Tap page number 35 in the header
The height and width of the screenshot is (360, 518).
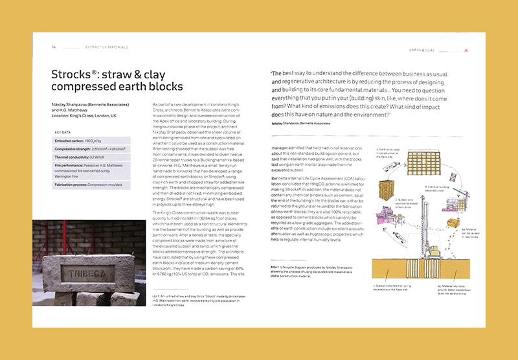click(466, 51)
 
